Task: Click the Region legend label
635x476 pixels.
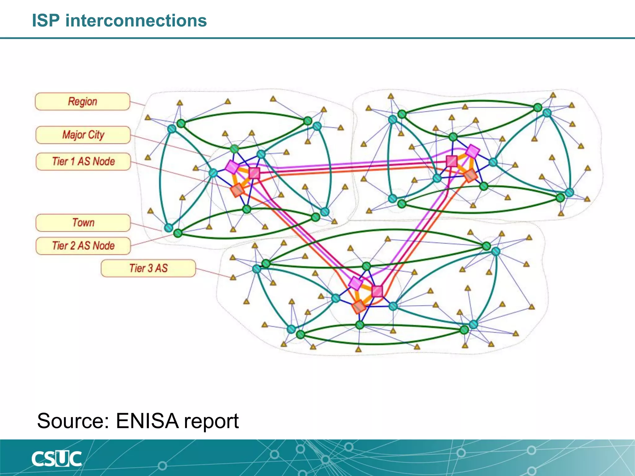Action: (82, 101)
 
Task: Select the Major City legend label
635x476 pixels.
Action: (83, 135)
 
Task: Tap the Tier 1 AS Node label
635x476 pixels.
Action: (83, 161)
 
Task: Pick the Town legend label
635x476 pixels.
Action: (83, 223)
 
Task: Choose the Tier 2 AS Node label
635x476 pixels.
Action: (83, 246)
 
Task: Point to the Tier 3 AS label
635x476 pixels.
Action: (148, 268)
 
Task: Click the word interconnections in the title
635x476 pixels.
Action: (136, 21)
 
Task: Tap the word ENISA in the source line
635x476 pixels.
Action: (147, 421)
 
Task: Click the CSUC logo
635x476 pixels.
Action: (56, 459)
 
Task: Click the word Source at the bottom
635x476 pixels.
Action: (73, 421)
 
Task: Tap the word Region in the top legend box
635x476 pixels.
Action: (82, 101)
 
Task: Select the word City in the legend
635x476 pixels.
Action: (96, 135)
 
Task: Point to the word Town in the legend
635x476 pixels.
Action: (83, 223)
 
